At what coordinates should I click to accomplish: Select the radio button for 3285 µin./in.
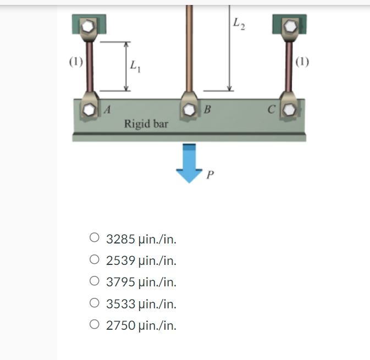pyautogui.click(x=95, y=239)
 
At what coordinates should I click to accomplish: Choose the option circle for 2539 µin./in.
pyautogui.click(x=95, y=261)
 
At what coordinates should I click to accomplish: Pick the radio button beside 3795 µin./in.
pyautogui.click(x=95, y=282)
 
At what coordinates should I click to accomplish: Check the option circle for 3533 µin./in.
pyautogui.click(x=95, y=303)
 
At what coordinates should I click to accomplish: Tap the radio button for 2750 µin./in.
pyautogui.click(x=95, y=325)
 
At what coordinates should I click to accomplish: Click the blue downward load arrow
pyautogui.click(x=189, y=162)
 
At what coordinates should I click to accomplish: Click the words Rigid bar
pyautogui.click(x=146, y=124)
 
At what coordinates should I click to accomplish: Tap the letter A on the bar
pyautogui.click(x=108, y=109)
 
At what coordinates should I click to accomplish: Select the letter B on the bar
pyautogui.click(x=207, y=109)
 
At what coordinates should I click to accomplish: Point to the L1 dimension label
pyautogui.click(x=135, y=67)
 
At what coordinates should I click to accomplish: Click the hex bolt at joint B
pyautogui.click(x=189, y=109)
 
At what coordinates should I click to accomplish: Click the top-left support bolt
pyautogui.click(x=89, y=26)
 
